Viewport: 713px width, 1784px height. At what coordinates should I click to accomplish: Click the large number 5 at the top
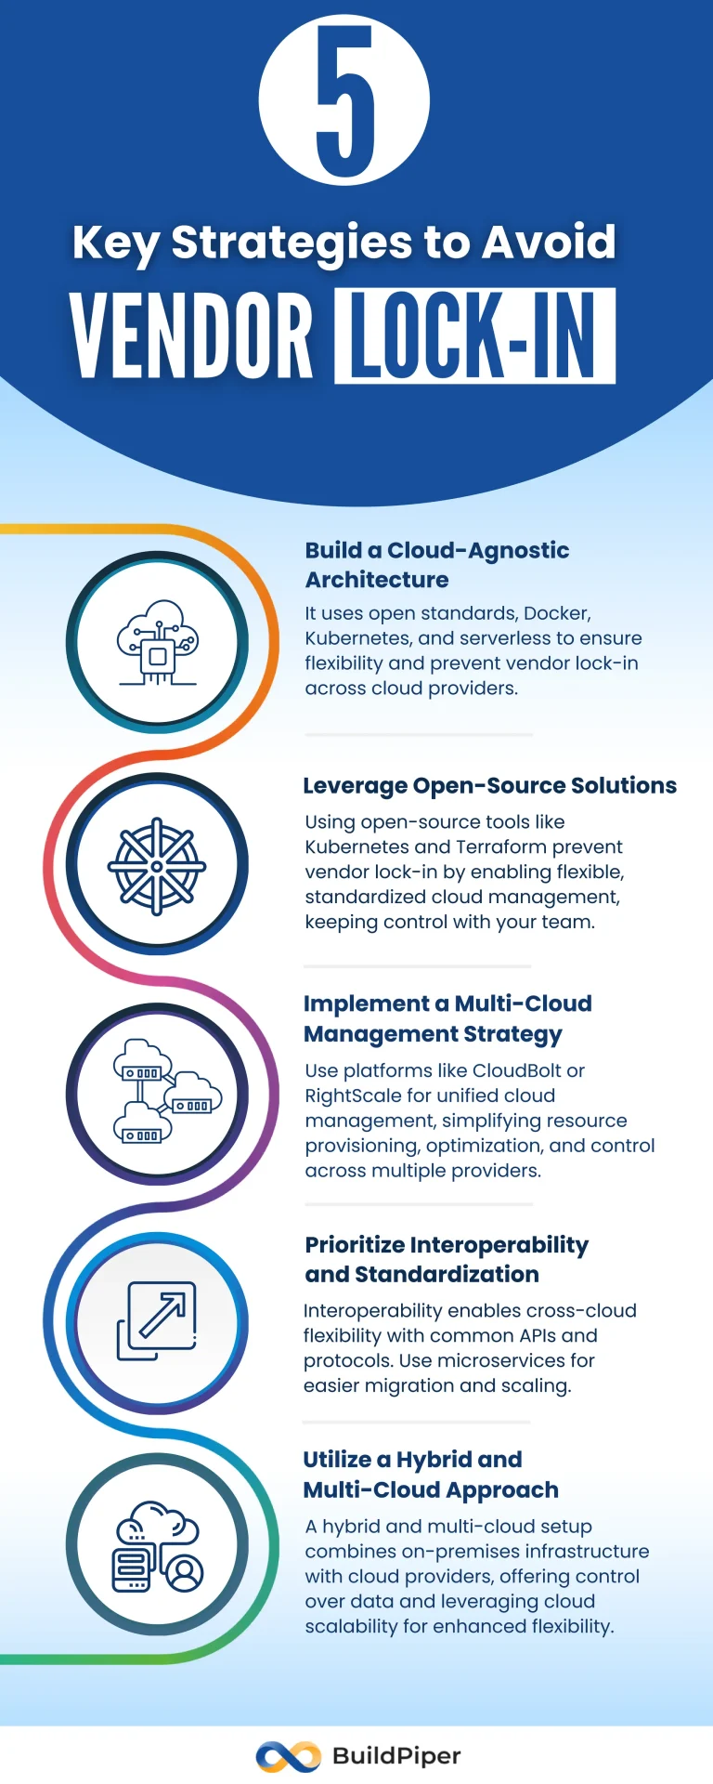click(x=344, y=100)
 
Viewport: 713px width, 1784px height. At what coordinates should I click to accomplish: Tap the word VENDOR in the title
click(x=191, y=335)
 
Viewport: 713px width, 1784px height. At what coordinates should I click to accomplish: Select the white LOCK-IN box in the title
click(x=474, y=335)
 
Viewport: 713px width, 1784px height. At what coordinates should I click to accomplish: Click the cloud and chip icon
click(x=157, y=643)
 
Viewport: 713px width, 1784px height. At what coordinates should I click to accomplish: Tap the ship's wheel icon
click(x=157, y=865)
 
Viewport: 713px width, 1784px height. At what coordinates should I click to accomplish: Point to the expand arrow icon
click(x=157, y=1320)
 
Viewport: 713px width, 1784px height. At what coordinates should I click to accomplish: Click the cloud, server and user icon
click(x=157, y=1546)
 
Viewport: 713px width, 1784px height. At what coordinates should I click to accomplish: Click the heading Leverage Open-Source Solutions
click(x=489, y=786)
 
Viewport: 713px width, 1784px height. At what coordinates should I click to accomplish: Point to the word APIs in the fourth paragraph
click(x=530, y=1335)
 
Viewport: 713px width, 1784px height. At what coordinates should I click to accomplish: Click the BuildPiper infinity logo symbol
click(x=288, y=1756)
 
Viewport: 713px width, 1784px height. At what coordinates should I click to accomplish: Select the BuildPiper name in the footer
click(x=396, y=1756)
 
